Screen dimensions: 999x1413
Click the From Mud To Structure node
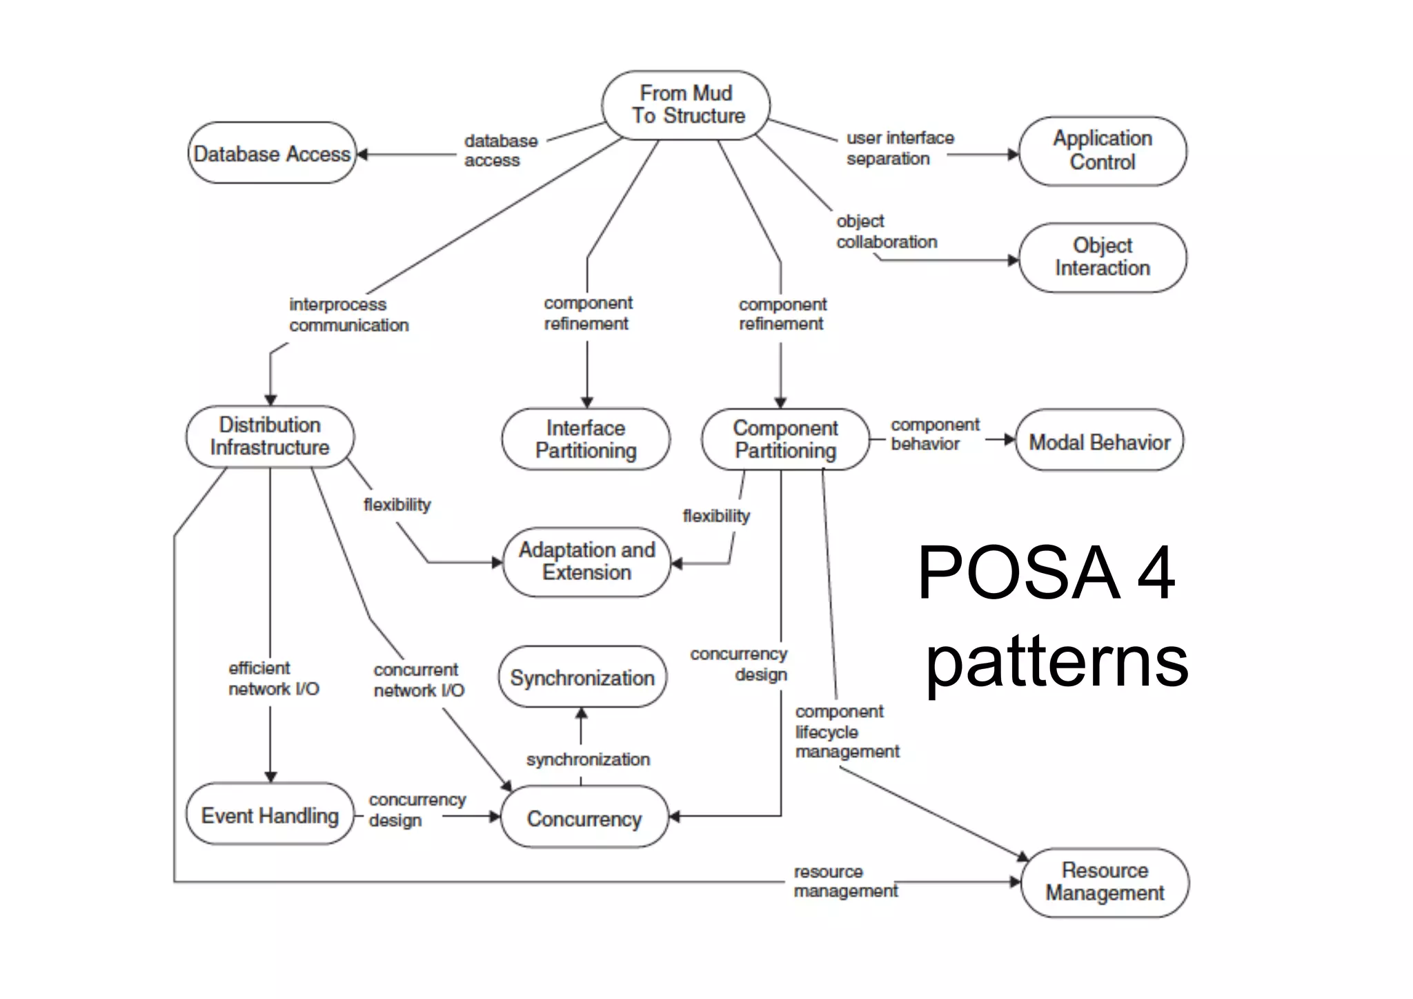click(x=686, y=105)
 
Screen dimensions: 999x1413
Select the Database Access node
click(x=272, y=153)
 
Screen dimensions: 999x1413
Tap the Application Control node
click(x=1102, y=151)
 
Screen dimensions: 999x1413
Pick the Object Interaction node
click(x=1102, y=257)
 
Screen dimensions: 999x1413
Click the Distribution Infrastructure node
click(x=270, y=436)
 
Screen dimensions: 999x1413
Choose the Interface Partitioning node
click(x=586, y=439)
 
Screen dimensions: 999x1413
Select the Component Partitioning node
click(x=785, y=439)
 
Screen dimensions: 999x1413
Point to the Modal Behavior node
click(x=1099, y=442)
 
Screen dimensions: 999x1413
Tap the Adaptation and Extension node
click(x=586, y=561)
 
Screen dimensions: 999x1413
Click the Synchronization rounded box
click(x=582, y=677)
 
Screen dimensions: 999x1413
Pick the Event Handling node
click(x=270, y=815)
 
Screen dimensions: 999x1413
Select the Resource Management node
click(x=1105, y=882)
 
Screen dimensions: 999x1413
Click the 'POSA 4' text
click(x=1046, y=573)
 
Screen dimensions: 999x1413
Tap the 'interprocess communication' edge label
click(x=348, y=315)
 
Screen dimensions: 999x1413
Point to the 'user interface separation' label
click(x=900, y=148)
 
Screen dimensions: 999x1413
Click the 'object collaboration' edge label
click(x=886, y=232)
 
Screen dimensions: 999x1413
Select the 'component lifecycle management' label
click(x=847, y=732)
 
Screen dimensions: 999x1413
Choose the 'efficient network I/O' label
click(x=273, y=679)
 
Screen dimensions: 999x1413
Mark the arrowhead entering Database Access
click(x=362, y=155)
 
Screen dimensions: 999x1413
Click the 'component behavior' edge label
click(x=934, y=434)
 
